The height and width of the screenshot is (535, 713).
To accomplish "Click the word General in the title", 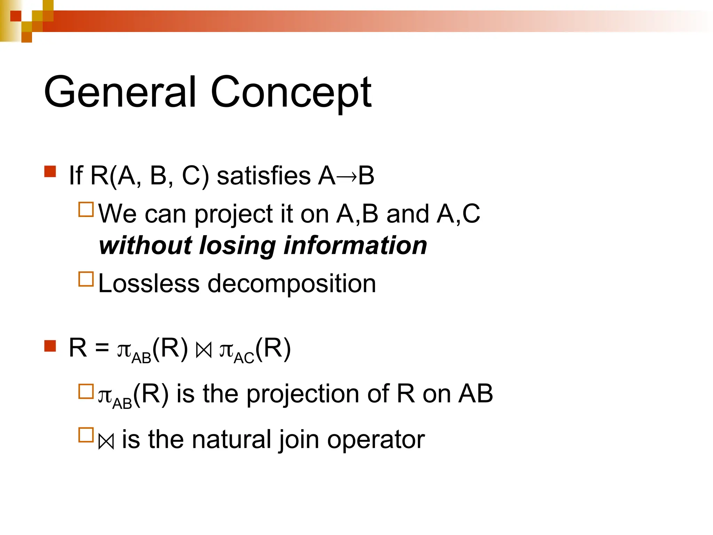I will (120, 92).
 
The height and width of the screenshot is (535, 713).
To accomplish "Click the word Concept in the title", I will (291, 93).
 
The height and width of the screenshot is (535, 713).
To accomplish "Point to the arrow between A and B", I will (347, 176).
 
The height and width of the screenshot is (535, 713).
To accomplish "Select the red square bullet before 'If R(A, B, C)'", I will (50, 172).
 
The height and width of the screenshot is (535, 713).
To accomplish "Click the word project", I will (233, 214).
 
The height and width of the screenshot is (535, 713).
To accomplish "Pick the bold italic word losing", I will (237, 246).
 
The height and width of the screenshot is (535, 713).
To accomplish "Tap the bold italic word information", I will (355, 245).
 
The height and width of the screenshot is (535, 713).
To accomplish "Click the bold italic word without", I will (146, 245).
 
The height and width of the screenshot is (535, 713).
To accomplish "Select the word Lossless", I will (149, 284).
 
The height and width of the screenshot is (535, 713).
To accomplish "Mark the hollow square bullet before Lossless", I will (86, 279).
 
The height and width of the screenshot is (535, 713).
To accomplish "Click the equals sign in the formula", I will (102, 348).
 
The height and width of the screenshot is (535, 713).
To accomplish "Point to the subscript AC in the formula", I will (244, 358).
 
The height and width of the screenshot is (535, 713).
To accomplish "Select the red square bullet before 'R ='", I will (50, 346).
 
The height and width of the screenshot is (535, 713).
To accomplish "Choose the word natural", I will (232, 440).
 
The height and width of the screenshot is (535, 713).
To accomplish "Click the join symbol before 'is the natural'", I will (106, 442).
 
